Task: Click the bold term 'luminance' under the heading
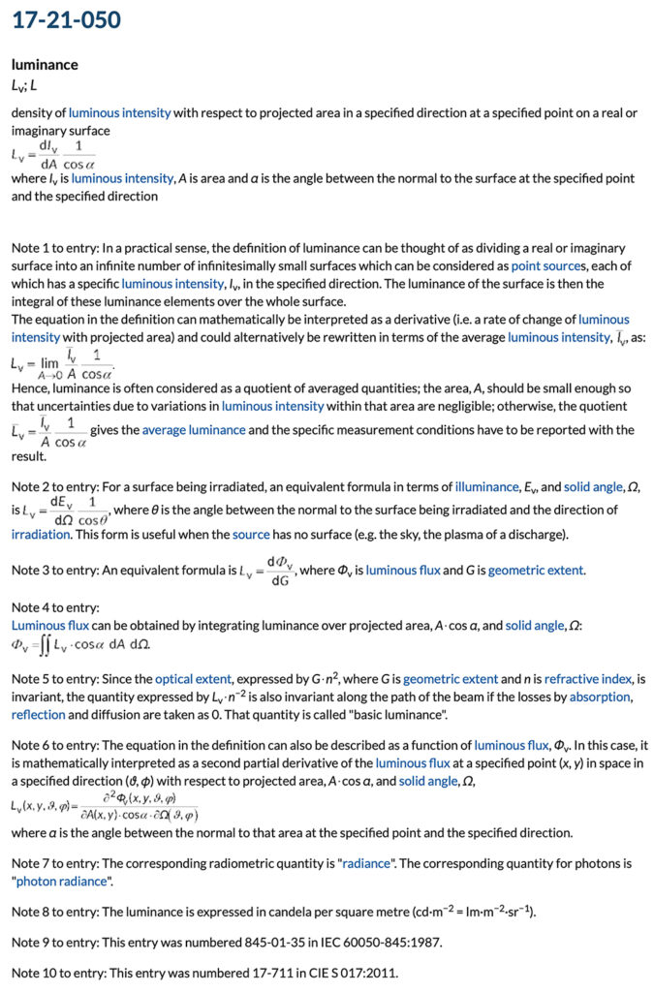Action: pos(45,65)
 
